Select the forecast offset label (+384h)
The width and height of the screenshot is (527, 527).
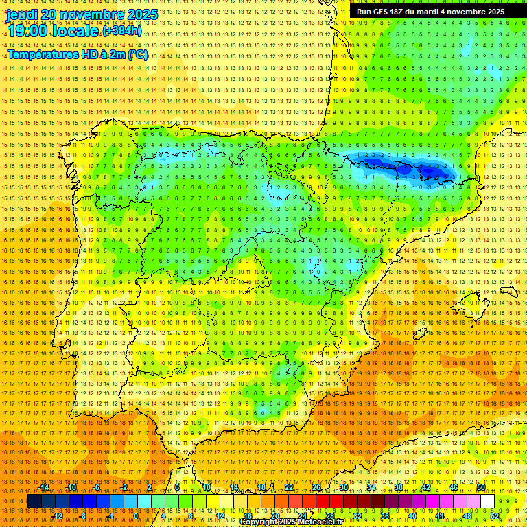(x=122, y=31)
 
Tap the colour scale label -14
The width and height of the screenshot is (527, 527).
(x=45, y=487)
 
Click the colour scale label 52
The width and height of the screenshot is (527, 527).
(x=495, y=516)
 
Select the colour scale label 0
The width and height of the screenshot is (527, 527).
(x=136, y=516)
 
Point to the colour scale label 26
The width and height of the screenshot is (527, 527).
(x=316, y=487)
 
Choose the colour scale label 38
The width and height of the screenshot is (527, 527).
(x=399, y=487)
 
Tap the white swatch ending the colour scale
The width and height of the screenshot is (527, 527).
(x=488, y=502)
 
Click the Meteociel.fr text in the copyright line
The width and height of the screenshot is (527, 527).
(x=325, y=522)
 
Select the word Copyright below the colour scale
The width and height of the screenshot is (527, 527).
(x=263, y=522)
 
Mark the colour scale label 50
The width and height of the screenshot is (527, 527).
(x=481, y=487)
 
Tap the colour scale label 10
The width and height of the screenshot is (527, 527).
(x=206, y=487)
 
